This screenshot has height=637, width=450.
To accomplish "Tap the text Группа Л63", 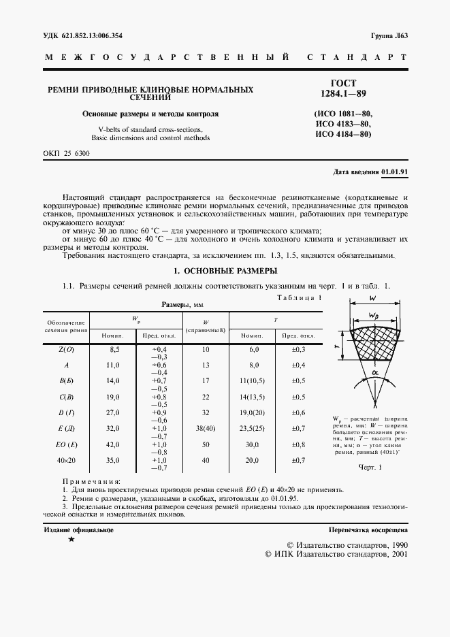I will click(x=389, y=35).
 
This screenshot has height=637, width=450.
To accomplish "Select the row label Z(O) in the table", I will click(x=67, y=348).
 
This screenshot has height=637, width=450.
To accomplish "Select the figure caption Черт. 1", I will click(x=371, y=468).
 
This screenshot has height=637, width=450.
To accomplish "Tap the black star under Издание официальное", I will click(x=71, y=539).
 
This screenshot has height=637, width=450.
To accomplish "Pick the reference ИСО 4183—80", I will click(x=343, y=123).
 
